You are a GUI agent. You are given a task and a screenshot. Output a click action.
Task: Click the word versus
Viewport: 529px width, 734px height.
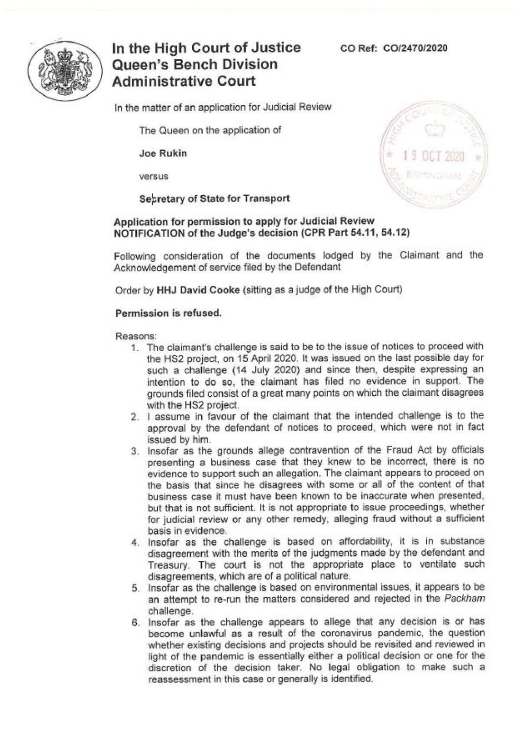pyautogui.click(x=154, y=176)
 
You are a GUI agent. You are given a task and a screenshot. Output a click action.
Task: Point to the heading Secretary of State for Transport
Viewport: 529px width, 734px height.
pyautogui.click(x=214, y=199)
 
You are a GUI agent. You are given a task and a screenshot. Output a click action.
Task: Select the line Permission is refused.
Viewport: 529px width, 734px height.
pyautogui.click(x=168, y=313)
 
